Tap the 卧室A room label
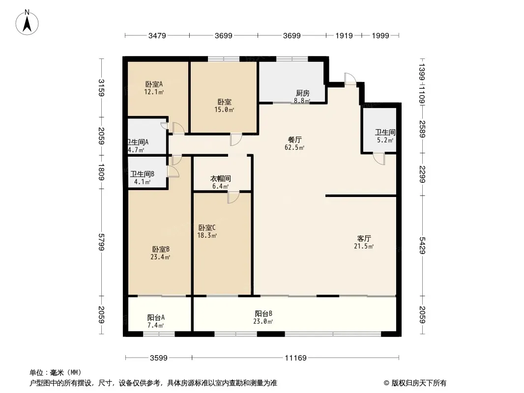pos(154,84)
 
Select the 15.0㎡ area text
pos(224,110)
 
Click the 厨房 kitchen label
pos(302,93)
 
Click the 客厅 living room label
pos(364,238)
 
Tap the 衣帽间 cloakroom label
pos(221,179)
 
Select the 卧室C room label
pos(207,227)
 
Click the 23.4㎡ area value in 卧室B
pos(160,257)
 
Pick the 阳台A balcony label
pos(156,317)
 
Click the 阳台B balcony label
pos(263,313)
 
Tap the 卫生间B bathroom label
pos(143,173)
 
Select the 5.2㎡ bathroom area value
pos(385,140)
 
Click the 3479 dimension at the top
pos(157,35)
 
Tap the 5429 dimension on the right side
pos(422,244)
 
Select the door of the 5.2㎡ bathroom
pos(378,159)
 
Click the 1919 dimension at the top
pos(344,35)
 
